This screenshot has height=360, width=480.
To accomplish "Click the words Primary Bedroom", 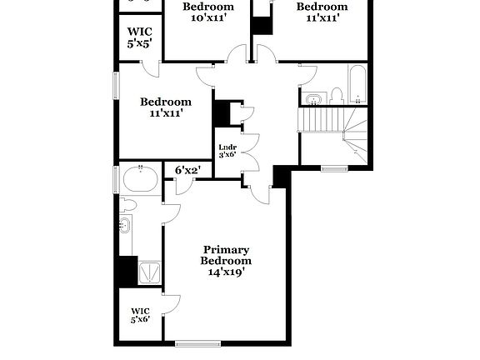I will [227, 255].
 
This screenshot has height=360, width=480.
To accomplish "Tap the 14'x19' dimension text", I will [227, 272].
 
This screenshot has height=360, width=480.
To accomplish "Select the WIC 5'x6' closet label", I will [140, 315].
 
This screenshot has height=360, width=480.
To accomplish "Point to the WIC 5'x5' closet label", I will [140, 37].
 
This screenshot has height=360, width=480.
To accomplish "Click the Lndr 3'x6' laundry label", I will [227, 151].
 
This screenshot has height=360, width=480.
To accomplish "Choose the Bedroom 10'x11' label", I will [208, 12].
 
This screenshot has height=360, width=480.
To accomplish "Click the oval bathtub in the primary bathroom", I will [140, 179].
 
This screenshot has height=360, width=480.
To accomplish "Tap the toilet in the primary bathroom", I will [128, 204].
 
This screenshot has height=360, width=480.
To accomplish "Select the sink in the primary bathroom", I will [125, 223].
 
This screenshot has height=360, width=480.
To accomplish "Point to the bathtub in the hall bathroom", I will [357, 83].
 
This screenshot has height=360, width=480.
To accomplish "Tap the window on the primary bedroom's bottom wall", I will [197, 342].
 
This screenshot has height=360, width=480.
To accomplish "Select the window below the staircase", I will [333, 169].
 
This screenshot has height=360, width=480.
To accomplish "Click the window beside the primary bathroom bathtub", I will [116, 178].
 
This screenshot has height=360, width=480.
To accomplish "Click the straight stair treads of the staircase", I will [320, 120].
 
